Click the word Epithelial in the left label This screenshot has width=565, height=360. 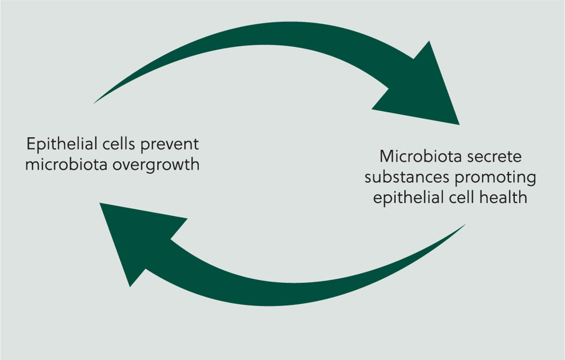[x=62, y=144]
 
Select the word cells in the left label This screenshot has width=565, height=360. [x=119, y=143]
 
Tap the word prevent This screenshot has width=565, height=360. [x=170, y=144]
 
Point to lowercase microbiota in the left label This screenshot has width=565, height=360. [x=67, y=165]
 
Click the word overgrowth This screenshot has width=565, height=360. [x=156, y=165]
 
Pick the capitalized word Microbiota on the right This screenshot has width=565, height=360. [x=420, y=156]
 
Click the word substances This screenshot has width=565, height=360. [x=407, y=177]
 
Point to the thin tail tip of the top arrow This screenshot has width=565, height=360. [x=94, y=103]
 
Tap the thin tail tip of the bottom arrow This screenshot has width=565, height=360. [x=465, y=225]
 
